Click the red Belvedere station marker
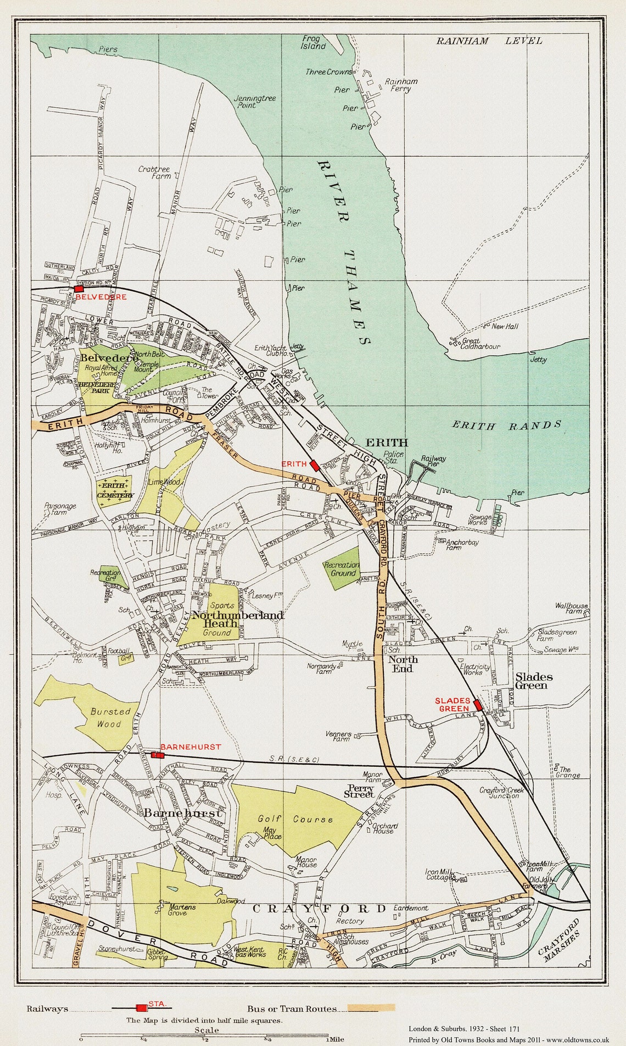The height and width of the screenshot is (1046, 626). point(79,288)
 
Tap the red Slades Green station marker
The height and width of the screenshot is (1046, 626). point(478,705)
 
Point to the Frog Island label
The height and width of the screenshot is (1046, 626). point(314,42)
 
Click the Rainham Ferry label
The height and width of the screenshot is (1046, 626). point(400,85)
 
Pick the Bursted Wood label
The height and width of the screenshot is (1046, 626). point(110,717)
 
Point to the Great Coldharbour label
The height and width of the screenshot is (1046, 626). point(480,344)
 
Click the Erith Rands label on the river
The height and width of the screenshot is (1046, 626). point(506,425)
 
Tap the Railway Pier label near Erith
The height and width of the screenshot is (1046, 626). point(433,462)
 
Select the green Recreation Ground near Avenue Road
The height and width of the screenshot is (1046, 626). point(341,568)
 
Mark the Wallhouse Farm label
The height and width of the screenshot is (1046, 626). point(571,608)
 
